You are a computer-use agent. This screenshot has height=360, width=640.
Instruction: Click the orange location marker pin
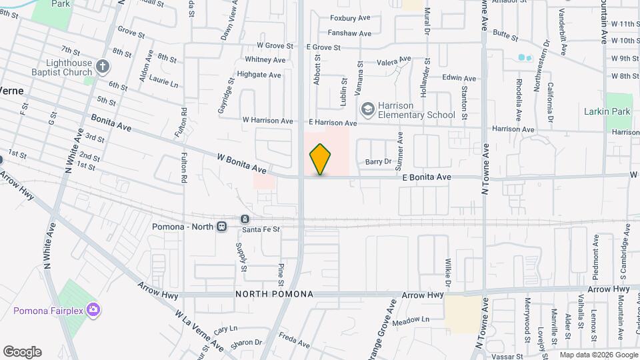pyautogui.click(x=320, y=159)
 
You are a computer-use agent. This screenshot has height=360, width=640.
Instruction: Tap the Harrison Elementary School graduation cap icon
pyautogui.click(x=367, y=109)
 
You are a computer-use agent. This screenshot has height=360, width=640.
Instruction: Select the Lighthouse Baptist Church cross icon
pyautogui.click(x=102, y=66)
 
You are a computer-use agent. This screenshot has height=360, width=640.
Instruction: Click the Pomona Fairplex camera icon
pyautogui.click(x=93, y=309)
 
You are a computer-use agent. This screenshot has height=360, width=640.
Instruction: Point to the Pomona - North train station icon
pyautogui.click(x=221, y=227)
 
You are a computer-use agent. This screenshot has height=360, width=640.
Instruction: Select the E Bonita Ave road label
pyautogui.click(x=427, y=177)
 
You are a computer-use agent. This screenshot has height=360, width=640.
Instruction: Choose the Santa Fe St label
pyautogui.click(x=261, y=229)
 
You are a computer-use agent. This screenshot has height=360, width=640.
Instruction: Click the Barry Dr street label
pyautogui.click(x=377, y=162)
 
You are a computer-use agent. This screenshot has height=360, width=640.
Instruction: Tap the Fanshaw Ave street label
pyautogui.click(x=349, y=33)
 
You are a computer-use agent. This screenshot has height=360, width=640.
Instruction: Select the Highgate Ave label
pyautogui.click(x=259, y=75)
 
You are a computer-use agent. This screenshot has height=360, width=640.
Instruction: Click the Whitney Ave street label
pyautogui.click(x=265, y=61)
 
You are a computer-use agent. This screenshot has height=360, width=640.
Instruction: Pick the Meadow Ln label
pyautogui.click(x=411, y=320)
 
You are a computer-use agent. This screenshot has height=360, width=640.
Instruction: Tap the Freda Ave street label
pyautogui.click(x=294, y=341)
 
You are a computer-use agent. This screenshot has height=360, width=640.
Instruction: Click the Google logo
pyautogui.click(x=22, y=352)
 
